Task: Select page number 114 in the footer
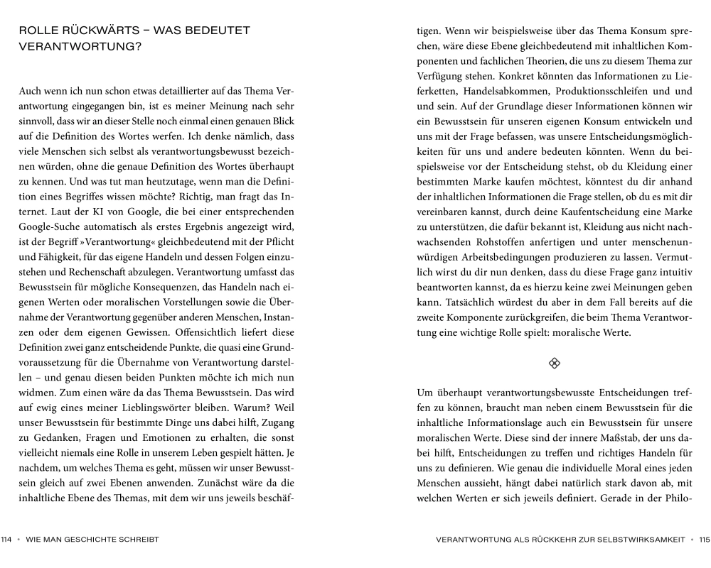pos(8,540)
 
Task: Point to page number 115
pos(704,540)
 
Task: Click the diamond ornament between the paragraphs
pos(555,364)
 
